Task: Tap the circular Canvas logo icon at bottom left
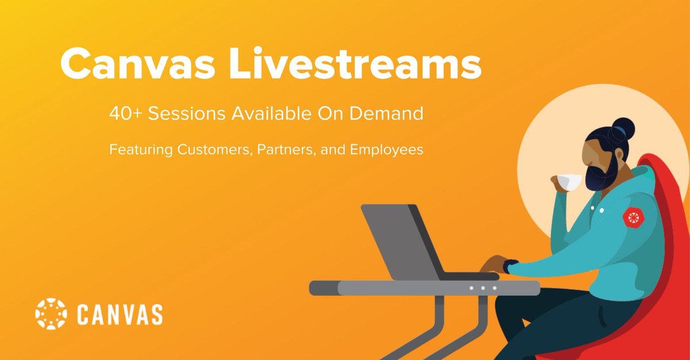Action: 52,314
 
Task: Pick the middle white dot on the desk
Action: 483,288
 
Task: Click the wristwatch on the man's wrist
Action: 507,267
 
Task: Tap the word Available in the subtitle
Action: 270,114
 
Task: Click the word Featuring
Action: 141,150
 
